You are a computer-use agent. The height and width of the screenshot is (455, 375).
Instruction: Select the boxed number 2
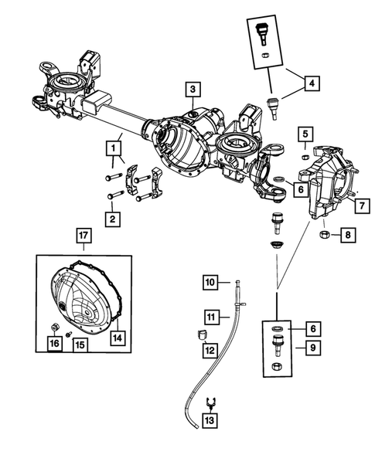113,220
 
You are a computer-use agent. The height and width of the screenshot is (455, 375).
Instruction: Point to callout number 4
312,83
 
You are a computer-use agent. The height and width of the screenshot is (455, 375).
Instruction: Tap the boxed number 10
210,282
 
